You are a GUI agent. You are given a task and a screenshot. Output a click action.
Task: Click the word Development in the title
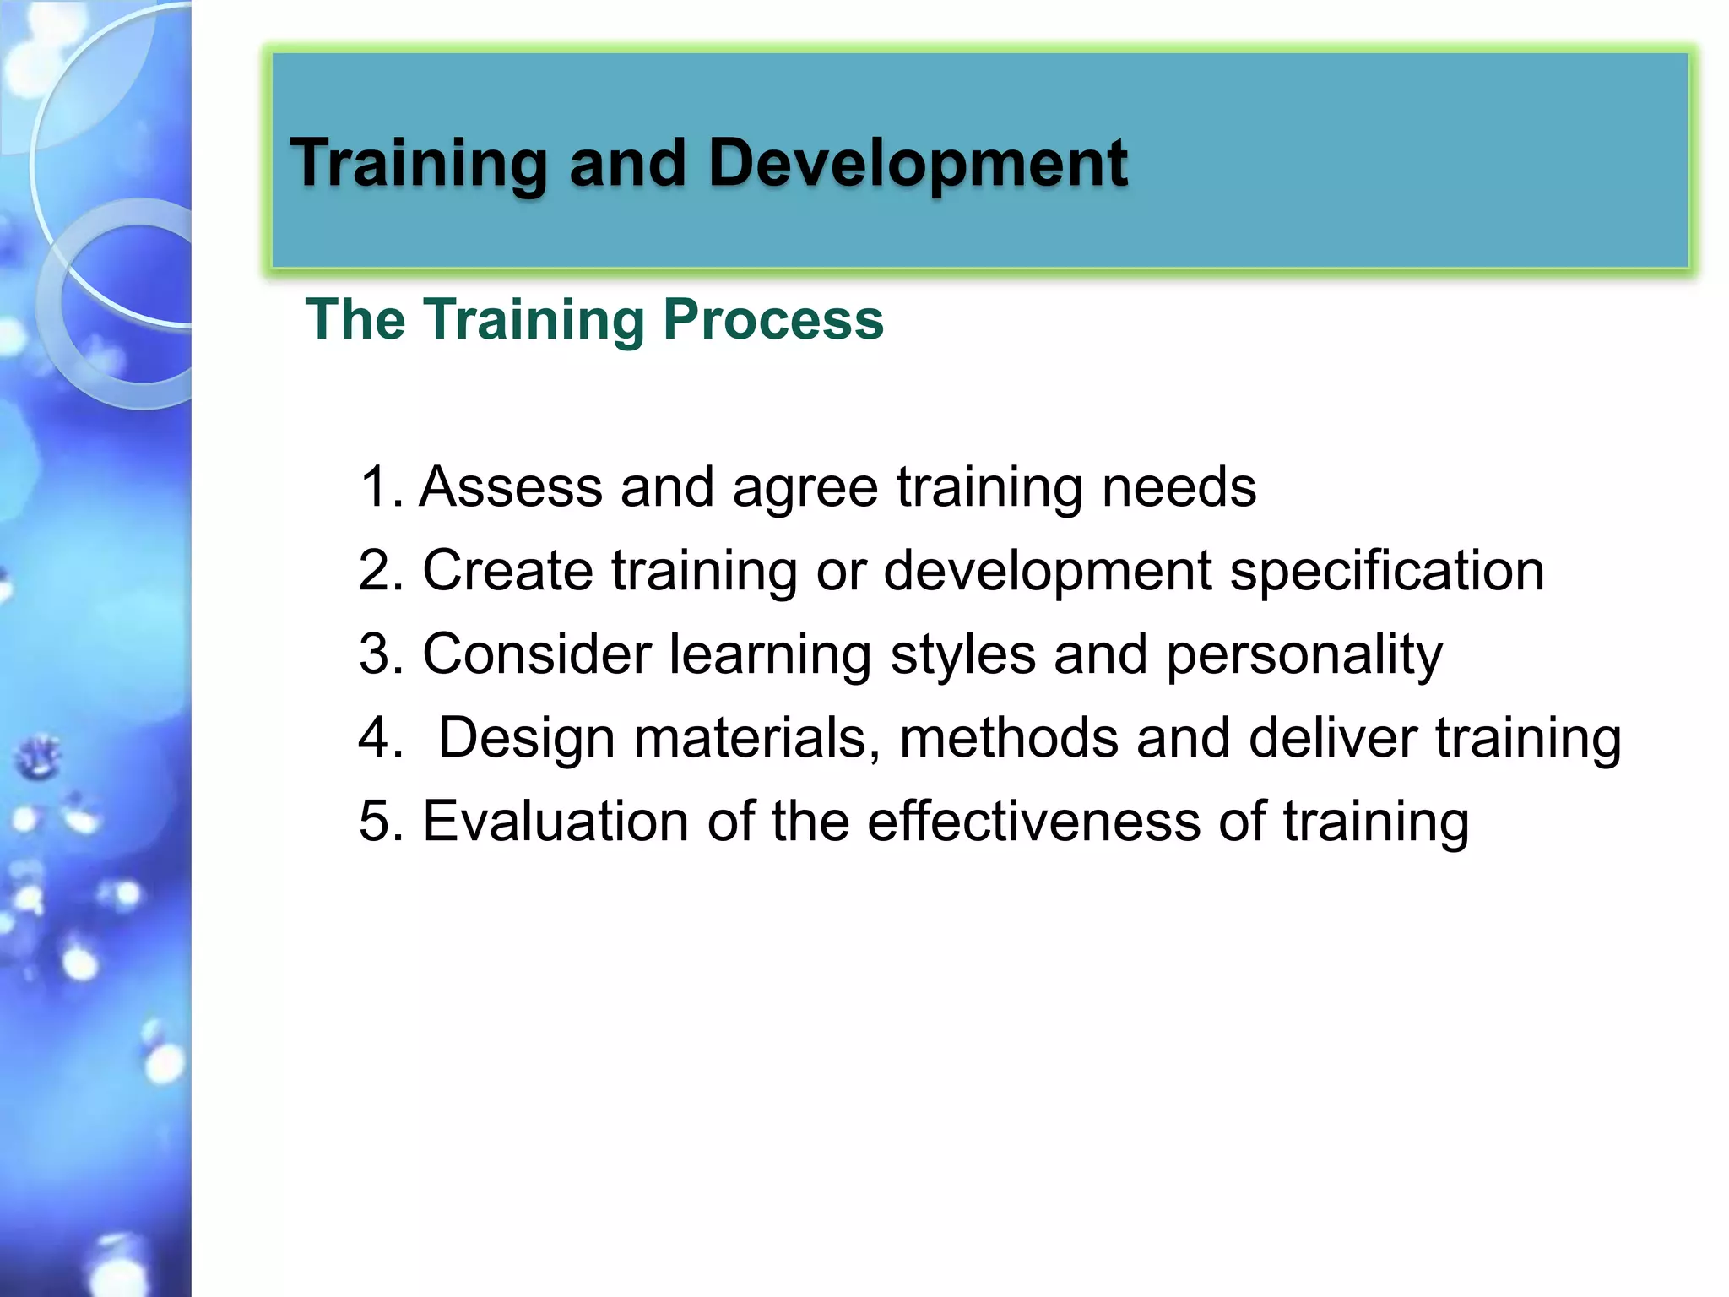coord(918,163)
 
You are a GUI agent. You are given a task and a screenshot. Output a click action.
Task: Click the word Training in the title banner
coord(418,163)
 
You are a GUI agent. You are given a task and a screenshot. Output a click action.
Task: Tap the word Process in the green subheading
coord(772,320)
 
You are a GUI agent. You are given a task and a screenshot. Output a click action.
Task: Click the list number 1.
coord(377,487)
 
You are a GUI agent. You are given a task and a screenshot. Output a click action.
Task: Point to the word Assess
coord(511,487)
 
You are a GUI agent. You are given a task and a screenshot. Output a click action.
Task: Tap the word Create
coord(507,571)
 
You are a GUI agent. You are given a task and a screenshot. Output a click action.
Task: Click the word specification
coord(1386,571)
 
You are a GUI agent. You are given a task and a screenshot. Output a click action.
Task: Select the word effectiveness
coord(1033,822)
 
